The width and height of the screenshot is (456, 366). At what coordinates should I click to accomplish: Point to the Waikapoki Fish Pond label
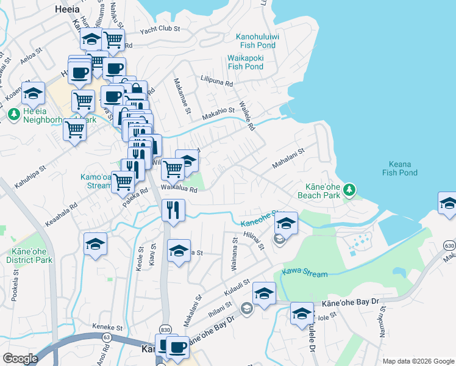[x=244, y=62]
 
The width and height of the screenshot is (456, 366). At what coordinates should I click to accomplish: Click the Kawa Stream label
[x=305, y=273]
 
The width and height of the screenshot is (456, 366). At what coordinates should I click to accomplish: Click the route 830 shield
[x=164, y=328]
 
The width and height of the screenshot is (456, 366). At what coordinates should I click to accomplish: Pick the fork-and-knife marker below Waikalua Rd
[x=173, y=211]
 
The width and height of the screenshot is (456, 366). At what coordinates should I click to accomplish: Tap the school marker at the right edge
[x=448, y=204]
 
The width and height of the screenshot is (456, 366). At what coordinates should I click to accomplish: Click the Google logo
[x=20, y=359]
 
